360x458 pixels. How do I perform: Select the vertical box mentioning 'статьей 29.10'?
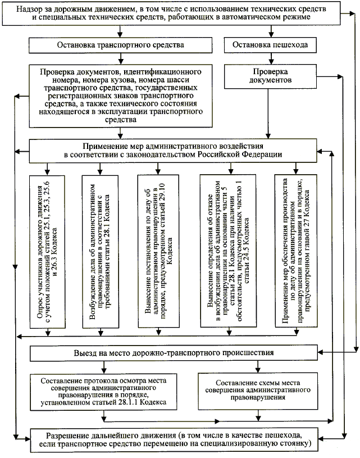[x=160, y=251]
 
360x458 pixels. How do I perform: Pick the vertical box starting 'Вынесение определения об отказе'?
[x=225, y=251]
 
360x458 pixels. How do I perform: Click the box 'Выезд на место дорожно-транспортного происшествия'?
[x=174, y=353]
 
